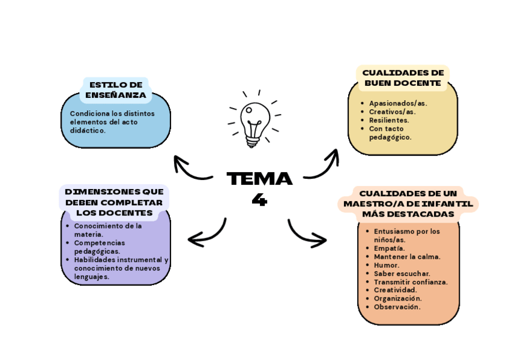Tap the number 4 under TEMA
(x=259, y=200)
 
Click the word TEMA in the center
(x=259, y=179)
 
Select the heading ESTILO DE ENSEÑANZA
(x=115, y=90)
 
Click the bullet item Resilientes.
(x=389, y=120)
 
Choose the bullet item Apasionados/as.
(x=397, y=103)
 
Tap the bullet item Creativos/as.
(x=392, y=112)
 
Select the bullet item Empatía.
(x=389, y=248)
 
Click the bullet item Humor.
(x=387, y=265)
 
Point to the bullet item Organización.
(x=397, y=298)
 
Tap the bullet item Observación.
(x=397, y=307)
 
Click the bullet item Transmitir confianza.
(x=411, y=281)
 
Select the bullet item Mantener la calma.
(x=407, y=256)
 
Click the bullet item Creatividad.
(x=395, y=290)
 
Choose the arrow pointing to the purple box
(x=206, y=235)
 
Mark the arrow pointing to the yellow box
(x=323, y=165)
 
